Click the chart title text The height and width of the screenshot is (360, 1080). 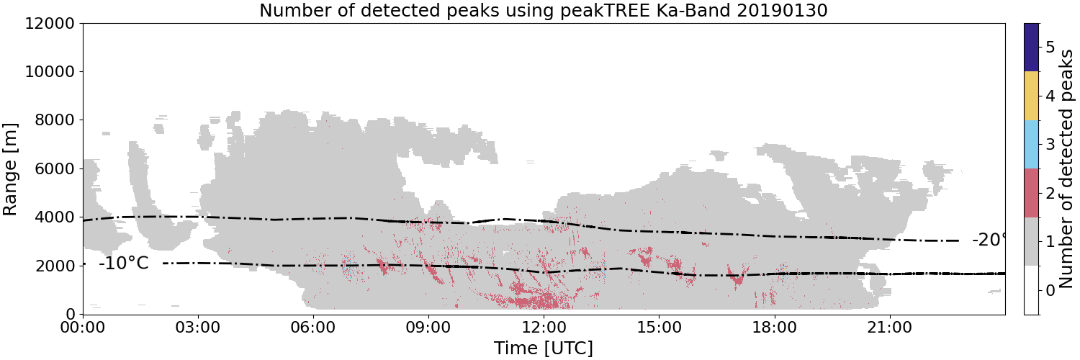[x=544, y=10]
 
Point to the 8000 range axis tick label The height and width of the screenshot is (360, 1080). [x=55, y=120]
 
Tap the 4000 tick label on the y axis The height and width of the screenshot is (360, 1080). [x=55, y=217]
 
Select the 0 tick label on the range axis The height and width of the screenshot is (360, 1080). [x=71, y=314]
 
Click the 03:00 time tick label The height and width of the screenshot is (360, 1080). [x=198, y=328]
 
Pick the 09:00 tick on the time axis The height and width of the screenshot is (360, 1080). [x=428, y=328]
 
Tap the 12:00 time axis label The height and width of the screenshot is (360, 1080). [x=544, y=328]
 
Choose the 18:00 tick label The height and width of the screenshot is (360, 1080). [x=774, y=328]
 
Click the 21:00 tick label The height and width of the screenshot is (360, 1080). [x=889, y=328]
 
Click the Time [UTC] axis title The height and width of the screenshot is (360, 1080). [x=544, y=348]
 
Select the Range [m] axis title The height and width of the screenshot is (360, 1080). [x=9, y=169]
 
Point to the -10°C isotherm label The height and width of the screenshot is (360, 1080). [x=124, y=264]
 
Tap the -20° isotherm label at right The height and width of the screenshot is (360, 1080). [x=989, y=240]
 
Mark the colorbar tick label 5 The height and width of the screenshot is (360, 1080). [x=1050, y=48]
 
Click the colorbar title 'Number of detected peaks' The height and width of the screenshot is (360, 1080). [x=1068, y=168]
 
